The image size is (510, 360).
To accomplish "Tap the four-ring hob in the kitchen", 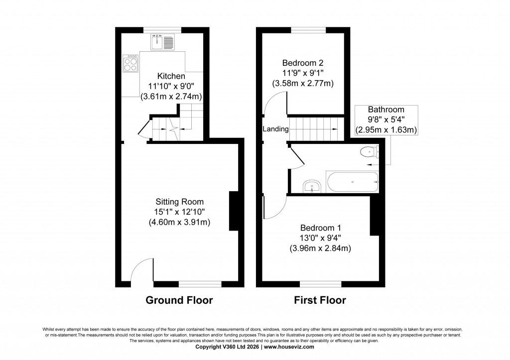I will click(130, 63).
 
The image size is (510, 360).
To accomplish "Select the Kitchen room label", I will click(171, 76).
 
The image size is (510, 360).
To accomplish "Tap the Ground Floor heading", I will click(179, 300).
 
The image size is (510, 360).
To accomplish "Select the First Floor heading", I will click(320, 300).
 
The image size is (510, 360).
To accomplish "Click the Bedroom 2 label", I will click(303, 63).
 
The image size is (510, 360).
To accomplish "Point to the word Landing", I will click(275, 129).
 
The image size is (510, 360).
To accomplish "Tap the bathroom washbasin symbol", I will click(313, 186).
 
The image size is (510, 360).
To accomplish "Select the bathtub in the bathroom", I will click(352, 182).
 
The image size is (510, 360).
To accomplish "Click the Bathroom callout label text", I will click(386, 110).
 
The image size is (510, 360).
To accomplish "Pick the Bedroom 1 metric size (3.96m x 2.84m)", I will click(321, 248).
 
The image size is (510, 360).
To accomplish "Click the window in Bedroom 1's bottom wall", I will click(320, 284).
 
